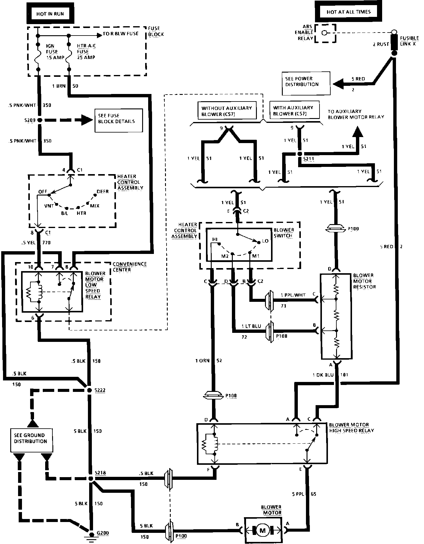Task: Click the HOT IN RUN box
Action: [x=50, y=14]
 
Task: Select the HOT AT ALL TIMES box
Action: [x=348, y=12]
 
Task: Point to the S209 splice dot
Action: [x=39, y=120]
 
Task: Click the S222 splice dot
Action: [x=89, y=390]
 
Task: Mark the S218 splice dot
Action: [x=91, y=478]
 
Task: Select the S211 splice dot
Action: [x=299, y=154]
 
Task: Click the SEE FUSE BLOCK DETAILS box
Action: [x=118, y=120]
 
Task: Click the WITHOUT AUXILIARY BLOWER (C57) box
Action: [x=226, y=111]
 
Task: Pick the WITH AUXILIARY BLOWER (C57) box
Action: [x=293, y=111]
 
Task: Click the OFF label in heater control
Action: [x=42, y=192]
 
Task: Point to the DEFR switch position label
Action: [x=102, y=192]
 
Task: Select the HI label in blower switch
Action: [x=215, y=239]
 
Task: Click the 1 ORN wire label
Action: [x=202, y=361]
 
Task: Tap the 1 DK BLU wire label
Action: [x=323, y=375]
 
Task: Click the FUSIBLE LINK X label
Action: [x=409, y=41]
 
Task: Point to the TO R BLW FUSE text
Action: [x=120, y=34]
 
